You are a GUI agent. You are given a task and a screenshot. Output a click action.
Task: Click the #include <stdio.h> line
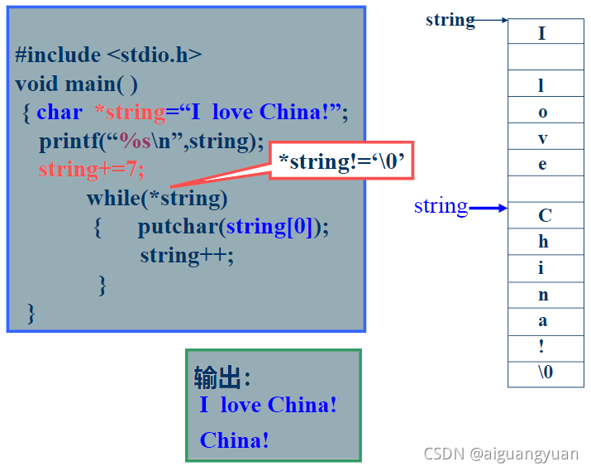coord(108,55)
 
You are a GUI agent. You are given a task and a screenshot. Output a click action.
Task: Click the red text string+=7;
coord(91,169)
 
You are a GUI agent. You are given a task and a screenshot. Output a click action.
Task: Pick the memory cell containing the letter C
coord(545,216)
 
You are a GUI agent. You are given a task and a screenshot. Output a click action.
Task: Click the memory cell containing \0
coord(545,372)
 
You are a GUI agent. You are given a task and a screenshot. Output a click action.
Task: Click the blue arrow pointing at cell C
coord(488,209)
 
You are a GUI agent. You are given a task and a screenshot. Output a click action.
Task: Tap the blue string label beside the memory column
coord(441,205)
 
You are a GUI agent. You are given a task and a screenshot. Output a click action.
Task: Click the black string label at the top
coord(450,19)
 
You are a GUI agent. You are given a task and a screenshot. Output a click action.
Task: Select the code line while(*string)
coord(157,198)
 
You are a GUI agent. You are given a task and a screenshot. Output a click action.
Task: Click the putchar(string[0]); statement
coord(233,226)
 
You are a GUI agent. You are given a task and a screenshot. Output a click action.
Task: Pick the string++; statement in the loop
coord(187,255)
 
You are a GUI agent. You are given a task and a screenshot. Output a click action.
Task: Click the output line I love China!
coord(268,405)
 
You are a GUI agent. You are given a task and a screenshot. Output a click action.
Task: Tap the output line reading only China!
coord(235,440)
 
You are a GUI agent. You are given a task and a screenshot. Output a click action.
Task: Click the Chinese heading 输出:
coord(222,377)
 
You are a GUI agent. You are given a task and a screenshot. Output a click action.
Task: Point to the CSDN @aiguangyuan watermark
coord(501,454)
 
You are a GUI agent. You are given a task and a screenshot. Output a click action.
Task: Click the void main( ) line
coord(76,84)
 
